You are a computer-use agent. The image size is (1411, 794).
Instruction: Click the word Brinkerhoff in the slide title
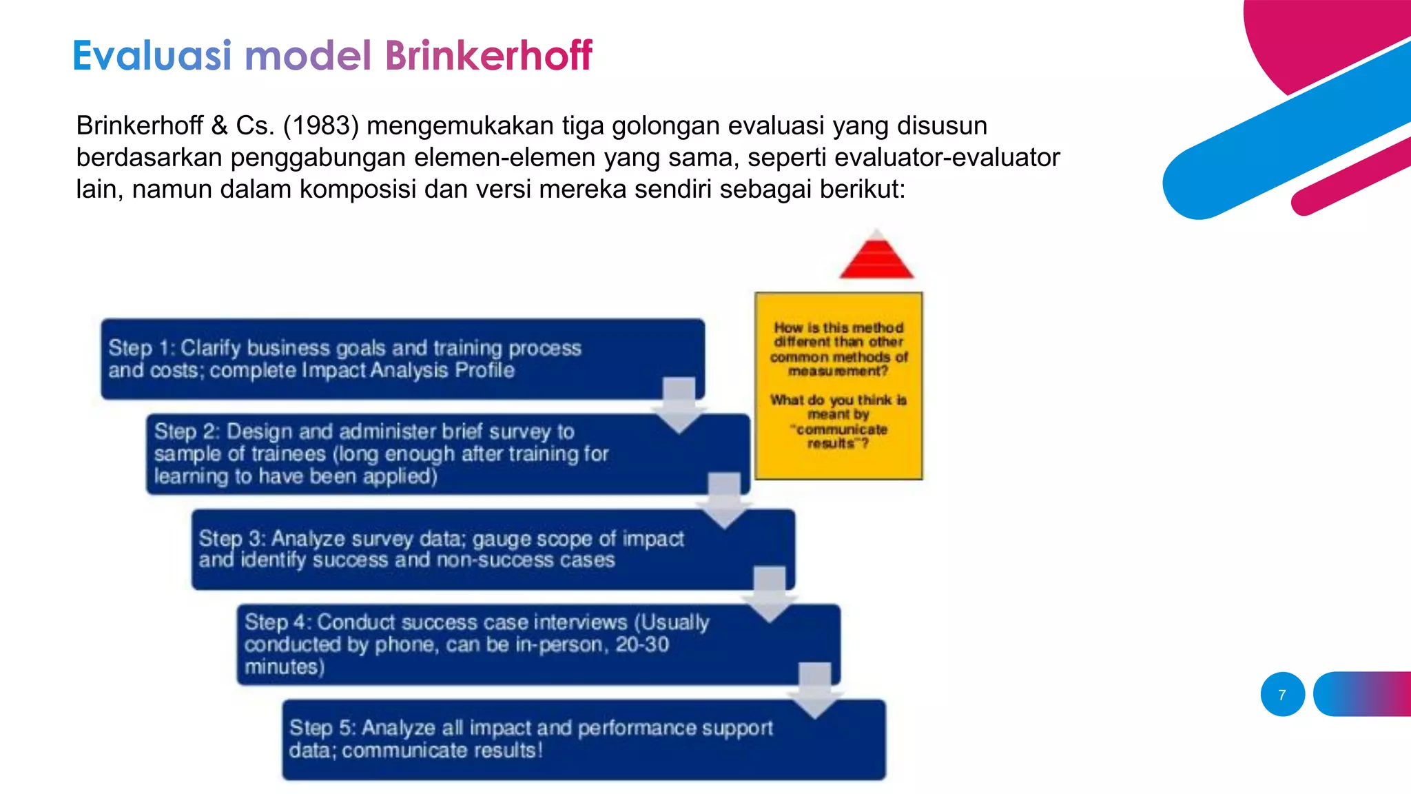(488, 55)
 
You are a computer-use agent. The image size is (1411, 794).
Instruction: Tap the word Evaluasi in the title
(152, 55)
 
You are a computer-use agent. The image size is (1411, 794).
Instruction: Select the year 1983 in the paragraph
(322, 125)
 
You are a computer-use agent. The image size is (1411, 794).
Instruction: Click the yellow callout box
(838, 386)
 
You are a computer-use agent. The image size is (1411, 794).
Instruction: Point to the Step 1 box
(402, 359)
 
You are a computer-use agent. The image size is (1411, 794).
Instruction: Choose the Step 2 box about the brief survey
(448, 454)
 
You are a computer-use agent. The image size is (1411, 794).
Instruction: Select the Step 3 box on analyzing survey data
(493, 549)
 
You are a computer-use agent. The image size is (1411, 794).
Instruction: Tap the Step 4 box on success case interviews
(538, 644)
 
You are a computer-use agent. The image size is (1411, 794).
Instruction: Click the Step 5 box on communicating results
(584, 740)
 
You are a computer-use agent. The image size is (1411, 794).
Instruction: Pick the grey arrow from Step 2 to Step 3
(724, 501)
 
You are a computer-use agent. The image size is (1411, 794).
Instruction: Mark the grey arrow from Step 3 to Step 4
(770, 595)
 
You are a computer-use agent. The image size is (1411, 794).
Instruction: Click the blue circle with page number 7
(1282, 695)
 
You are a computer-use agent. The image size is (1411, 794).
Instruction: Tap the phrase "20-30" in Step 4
(642, 645)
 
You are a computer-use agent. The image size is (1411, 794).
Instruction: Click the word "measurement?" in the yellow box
(838, 371)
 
